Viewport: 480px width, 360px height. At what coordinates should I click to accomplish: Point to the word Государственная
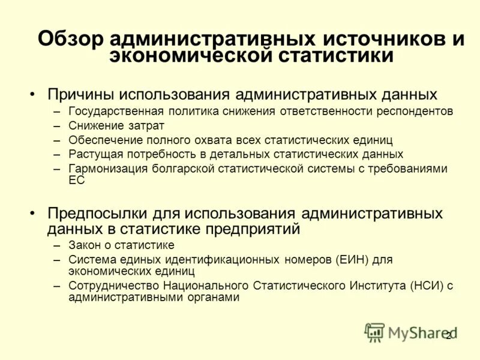(113, 112)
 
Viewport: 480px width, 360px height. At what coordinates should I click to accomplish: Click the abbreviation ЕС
(77, 180)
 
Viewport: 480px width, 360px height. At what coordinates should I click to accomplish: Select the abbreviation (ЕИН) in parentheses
(352, 260)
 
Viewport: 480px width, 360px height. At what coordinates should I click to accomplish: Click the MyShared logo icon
(374, 332)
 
